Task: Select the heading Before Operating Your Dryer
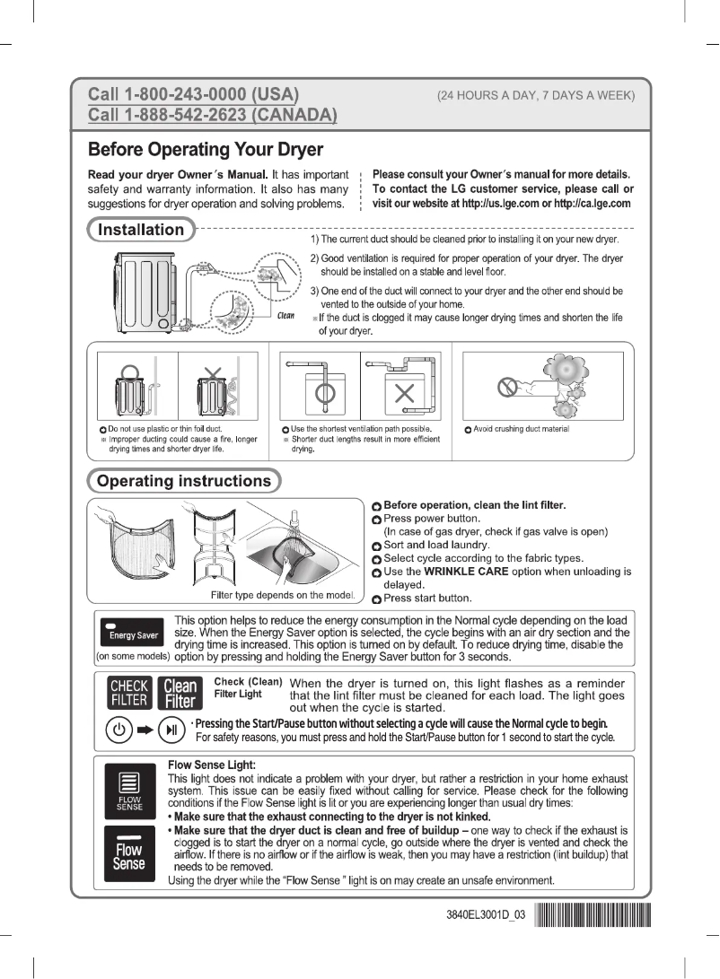pos(205,148)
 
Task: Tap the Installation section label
pos(140,230)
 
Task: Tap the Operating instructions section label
pos(183,481)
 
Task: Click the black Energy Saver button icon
pos(133,632)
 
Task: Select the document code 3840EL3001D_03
pos(485,917)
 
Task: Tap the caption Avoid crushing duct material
pos(522,430)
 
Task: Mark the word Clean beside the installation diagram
pos(286,315)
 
